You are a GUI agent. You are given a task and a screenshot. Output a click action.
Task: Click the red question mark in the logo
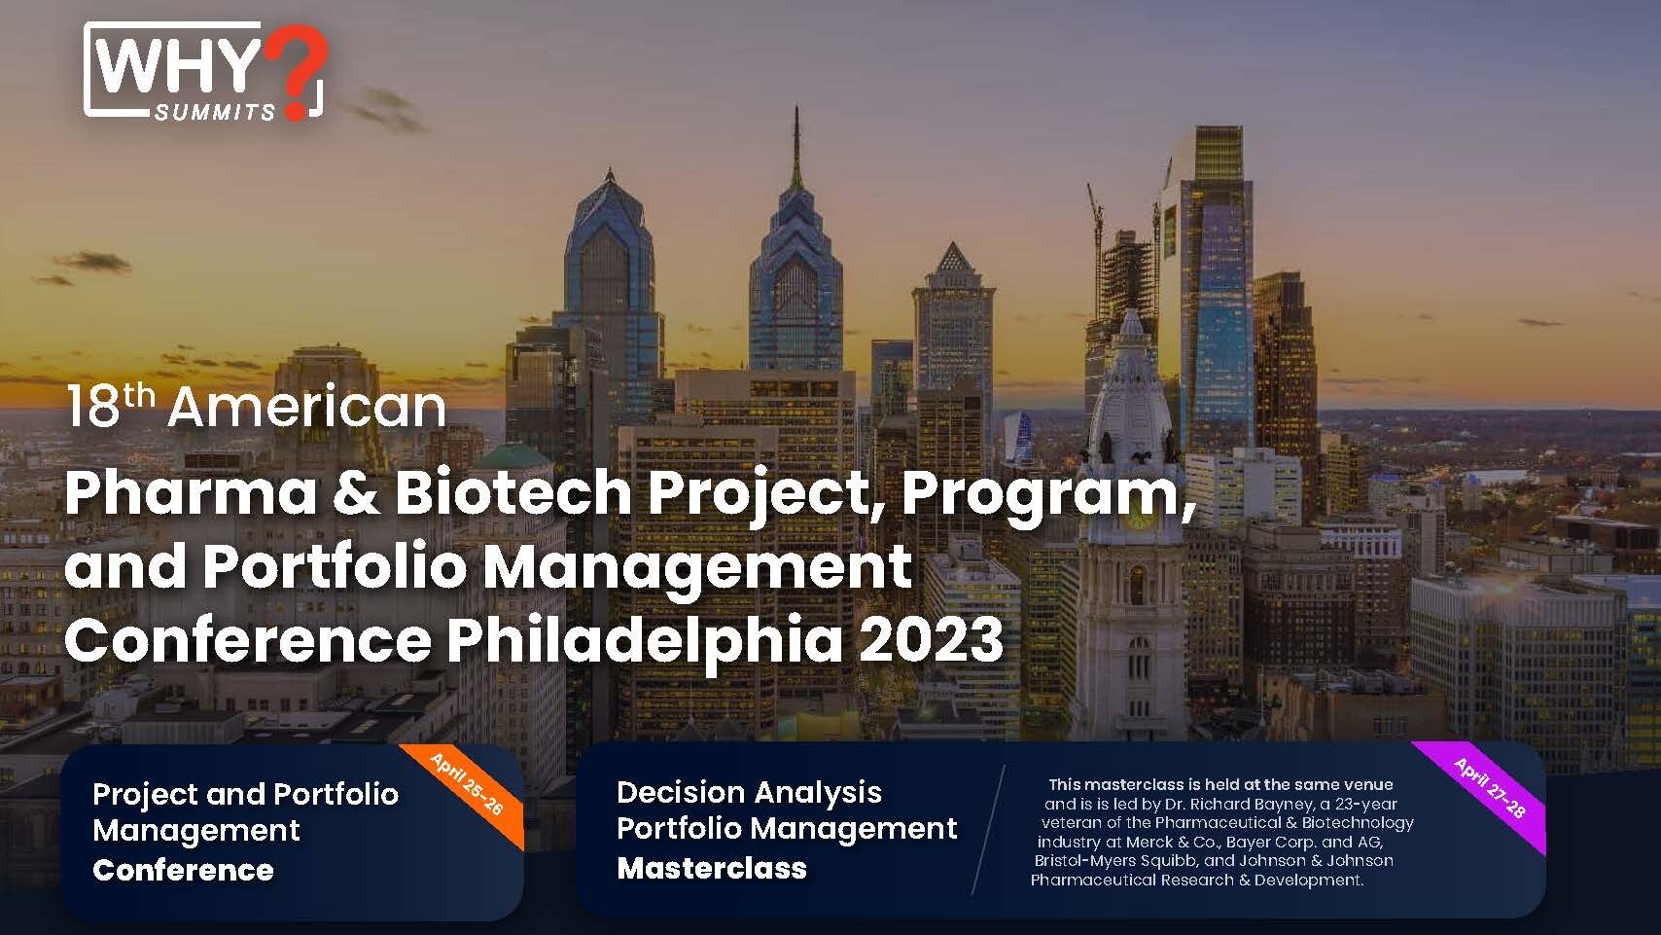[x=297, y=70]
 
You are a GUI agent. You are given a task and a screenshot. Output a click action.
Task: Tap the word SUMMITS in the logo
[x=215, y=112]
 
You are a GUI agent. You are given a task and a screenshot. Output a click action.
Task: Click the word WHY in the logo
[x=178, y=66]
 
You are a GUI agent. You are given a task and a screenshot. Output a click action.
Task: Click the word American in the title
[x=307, y=408]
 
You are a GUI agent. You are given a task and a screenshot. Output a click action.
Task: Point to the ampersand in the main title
[x=356, y=493]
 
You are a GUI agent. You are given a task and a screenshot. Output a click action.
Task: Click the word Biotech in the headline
[x=513, y=492]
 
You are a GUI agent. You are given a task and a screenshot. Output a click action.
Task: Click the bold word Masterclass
[x=712, y=868]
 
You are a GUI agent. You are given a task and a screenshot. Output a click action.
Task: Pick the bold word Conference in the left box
[x=183, y=871]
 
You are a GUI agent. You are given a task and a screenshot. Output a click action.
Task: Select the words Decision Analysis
[x=749, y=793]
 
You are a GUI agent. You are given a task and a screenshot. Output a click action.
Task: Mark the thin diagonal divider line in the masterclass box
[x=988, y=830]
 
